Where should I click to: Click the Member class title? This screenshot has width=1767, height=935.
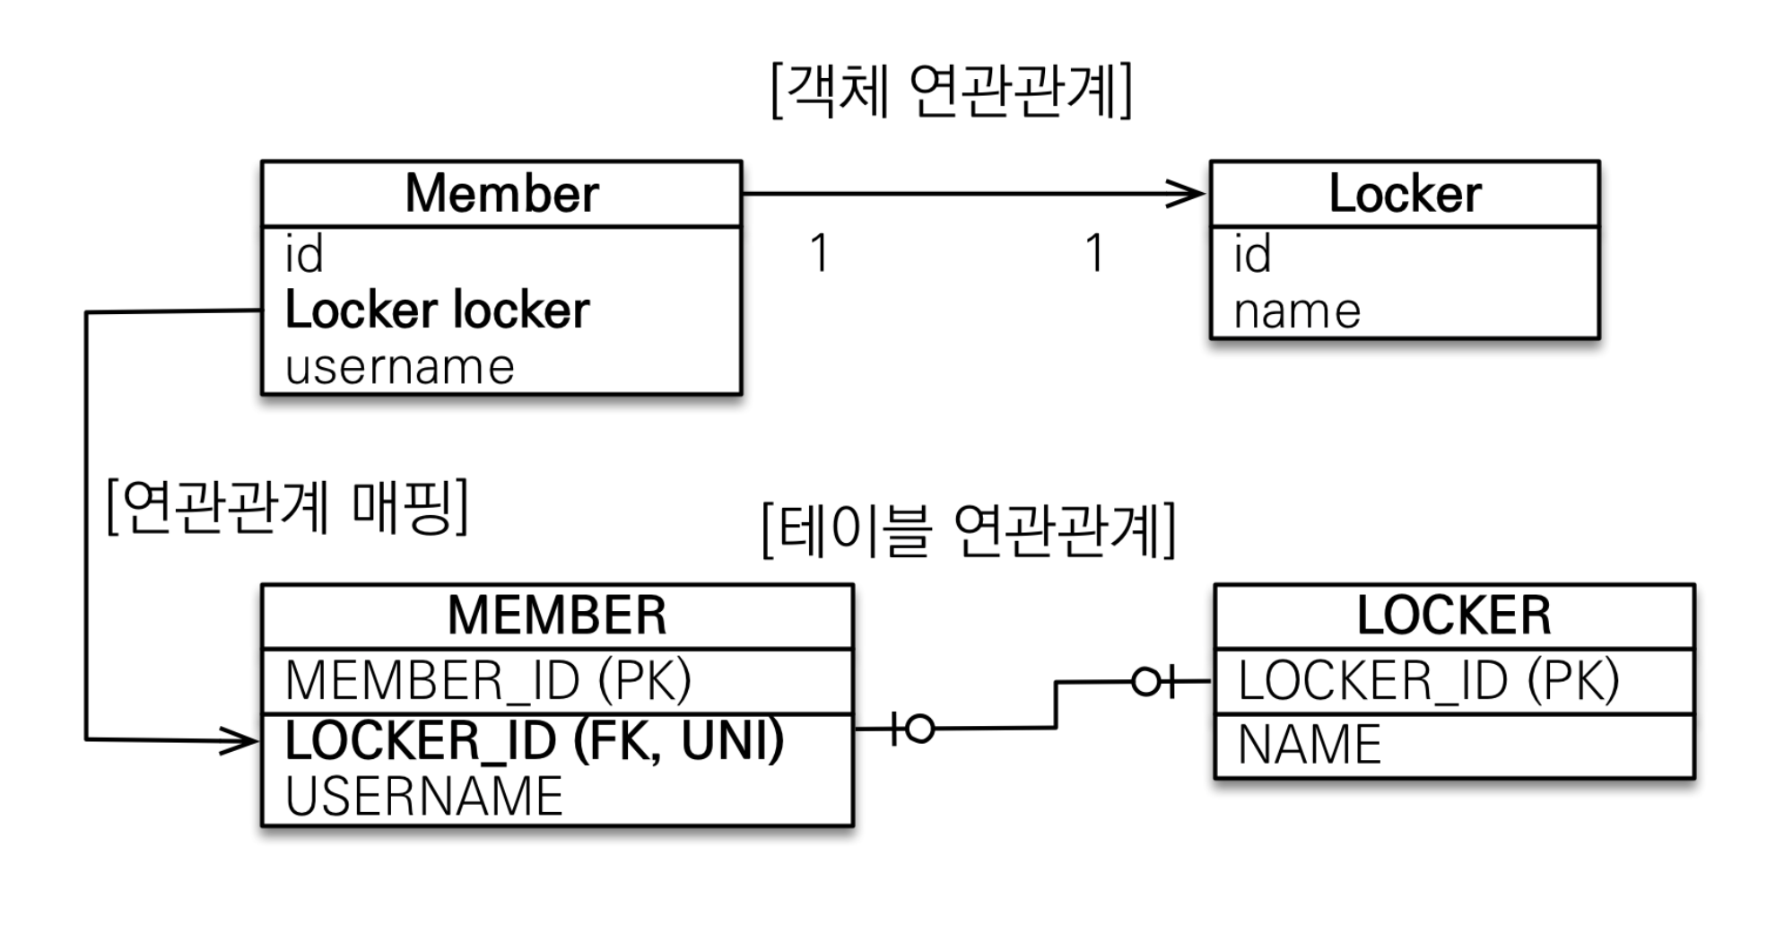click(501, 193)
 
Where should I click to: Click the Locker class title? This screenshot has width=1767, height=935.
click(1405, 193)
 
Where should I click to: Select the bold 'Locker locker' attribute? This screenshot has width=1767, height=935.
click(437, 310)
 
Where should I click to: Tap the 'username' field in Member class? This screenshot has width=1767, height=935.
click(399, 366)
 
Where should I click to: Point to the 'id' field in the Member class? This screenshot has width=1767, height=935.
click(303, 254)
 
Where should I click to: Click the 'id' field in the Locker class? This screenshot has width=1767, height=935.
click(1252, 254)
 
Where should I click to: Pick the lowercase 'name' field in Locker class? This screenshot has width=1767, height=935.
click(1297, 311)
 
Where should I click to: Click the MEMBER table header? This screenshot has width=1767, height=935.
click(557, 616)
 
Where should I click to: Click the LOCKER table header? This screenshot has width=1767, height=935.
click(1454, 616)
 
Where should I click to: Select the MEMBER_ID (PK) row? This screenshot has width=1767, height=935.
click(488, 680)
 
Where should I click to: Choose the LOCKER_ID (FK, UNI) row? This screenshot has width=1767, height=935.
click(535, 741)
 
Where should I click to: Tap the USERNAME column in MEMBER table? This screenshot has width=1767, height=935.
click(423, 797)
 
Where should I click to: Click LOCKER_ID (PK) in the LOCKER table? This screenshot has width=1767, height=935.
click(1429, 679)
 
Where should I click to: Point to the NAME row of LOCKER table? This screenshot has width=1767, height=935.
click(1310, 745)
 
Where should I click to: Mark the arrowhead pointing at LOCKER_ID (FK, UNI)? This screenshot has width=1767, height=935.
click(239, 741)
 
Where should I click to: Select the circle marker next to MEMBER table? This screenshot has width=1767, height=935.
click(919, 729)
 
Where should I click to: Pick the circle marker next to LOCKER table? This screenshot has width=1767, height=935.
click(1145, 682)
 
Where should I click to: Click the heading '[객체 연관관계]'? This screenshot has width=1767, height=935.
click(952, 90)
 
